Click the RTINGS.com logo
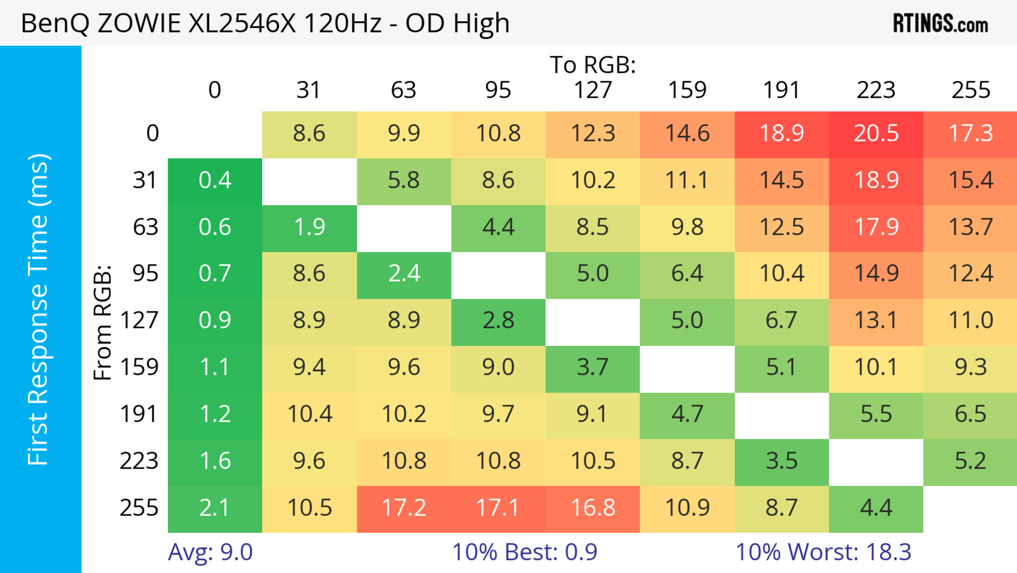(940, 23)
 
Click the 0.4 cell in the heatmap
(215, 180)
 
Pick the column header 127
(593, 90)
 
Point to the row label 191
(139, 414)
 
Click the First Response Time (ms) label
(39, 309)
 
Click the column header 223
(876, 90)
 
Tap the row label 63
(145, 227)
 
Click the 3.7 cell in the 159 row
(593, 368)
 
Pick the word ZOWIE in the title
(139, 23)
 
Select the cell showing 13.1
(876, 321)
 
